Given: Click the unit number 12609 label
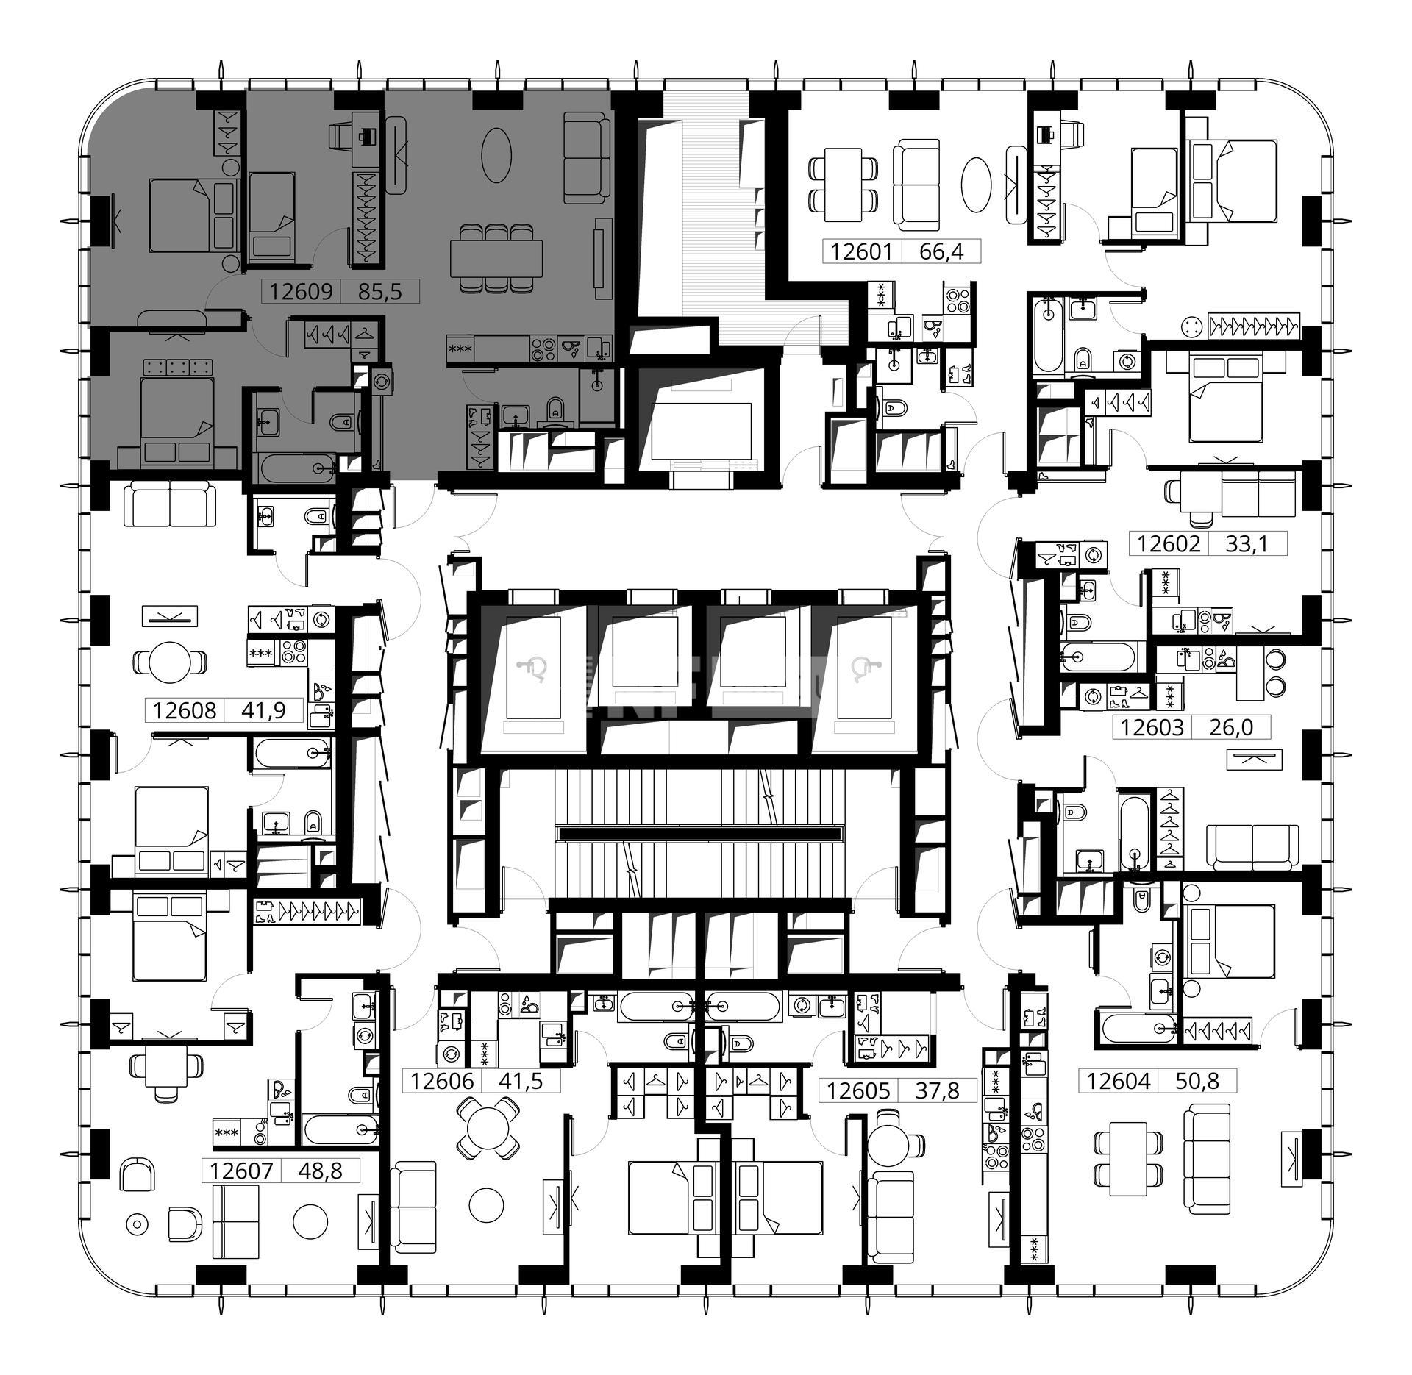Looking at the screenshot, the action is (x=301, y=292).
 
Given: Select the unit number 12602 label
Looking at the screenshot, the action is (x=1169, y=544).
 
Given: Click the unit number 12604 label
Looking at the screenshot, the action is (x=1119, y=1081).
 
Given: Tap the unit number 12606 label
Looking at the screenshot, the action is (x=442, y=1081).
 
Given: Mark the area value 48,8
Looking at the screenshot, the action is (x=321, y=1171).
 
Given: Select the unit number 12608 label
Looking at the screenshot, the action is (x=185, y=710).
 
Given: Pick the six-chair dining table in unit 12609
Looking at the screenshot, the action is (x=496, y=257).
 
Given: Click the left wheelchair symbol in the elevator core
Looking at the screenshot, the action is (x=535, y=669).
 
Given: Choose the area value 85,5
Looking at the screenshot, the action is (x=380, y=292).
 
